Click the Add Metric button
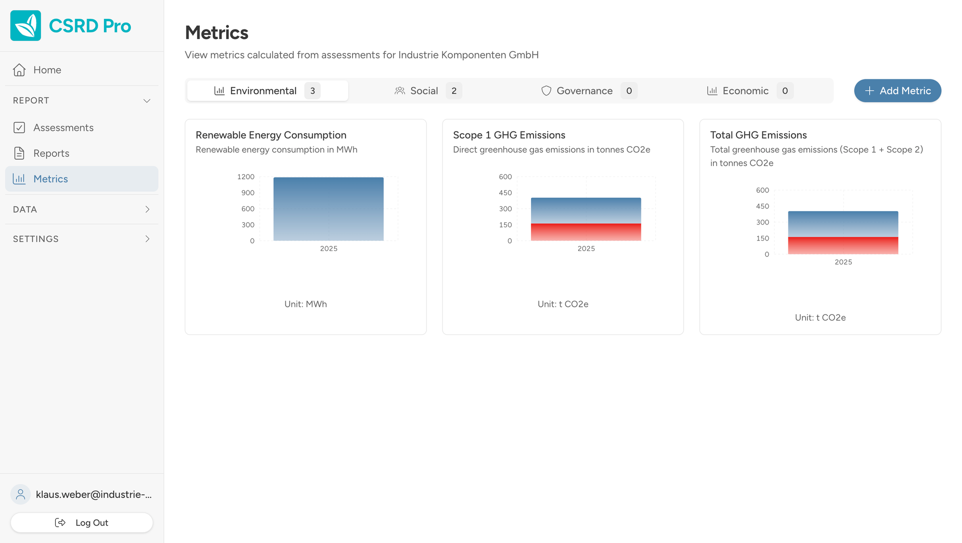coord(897,91)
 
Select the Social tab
coord(424,91)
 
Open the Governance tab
coord(584,91)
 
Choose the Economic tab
coord(745,91)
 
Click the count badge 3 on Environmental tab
coord(312,91)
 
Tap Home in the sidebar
coord(47,70)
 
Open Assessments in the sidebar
coord(63,127)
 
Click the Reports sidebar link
coord(51,153)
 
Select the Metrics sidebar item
coord(51,179)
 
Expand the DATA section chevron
coord(147,209)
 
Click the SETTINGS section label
coord(36,239)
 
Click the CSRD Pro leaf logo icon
coord(25,25)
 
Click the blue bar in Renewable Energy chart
coord(329,209)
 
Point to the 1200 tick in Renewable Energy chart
coord(246,177)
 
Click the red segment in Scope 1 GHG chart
coord(586,232)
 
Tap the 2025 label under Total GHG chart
coord(843,262)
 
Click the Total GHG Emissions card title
coord(758,135)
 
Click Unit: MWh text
coord(305,304)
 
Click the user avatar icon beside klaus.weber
coord(21,494)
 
